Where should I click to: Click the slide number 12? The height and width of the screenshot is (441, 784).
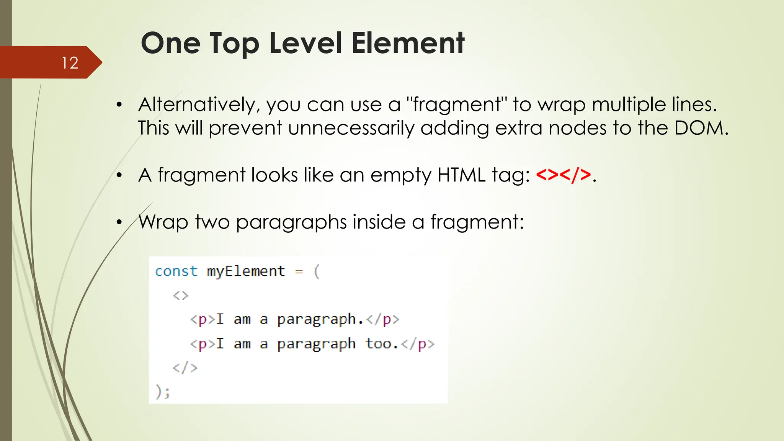pyautogui.click(x=70, y=63)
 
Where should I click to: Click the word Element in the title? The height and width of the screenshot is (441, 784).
pyautogui.click(x=408, y=43)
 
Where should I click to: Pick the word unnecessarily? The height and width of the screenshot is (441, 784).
pyautogui.click(x=351, y=129)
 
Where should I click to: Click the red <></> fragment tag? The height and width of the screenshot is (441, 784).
pyautogui.click(x=563, y=175)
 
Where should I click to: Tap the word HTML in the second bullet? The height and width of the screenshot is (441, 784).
pyautogui.click(x=462, y=175)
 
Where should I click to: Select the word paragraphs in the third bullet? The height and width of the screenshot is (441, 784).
pyautogui.click(x=291, y=222)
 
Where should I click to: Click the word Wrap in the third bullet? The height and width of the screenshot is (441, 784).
pyautogui.click(x=163, y=222)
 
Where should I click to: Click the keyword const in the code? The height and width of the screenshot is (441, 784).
pyautogui.click(x=176, y=271)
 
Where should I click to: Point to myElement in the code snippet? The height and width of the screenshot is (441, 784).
pyautogui.click(x=246, y=271)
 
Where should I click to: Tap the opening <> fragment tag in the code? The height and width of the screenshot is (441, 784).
pyautogui.click(x=181, y=296)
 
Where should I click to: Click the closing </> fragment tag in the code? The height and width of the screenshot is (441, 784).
pyautogui.click(x=185, y=368)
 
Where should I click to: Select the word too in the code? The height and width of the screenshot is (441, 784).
pyautogui.click(x=379, y=344)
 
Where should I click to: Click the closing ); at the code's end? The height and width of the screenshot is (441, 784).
pyautogui.click(x=163, y=392)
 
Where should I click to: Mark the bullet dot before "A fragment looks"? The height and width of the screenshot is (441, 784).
pyautogui.click(x=119, y=175)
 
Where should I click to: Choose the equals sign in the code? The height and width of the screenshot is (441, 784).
pyautogui.click(x=299, y=272)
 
